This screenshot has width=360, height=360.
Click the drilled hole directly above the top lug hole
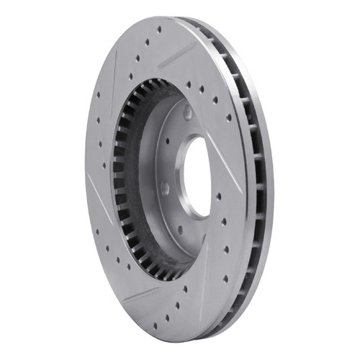[x=189, y=84]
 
